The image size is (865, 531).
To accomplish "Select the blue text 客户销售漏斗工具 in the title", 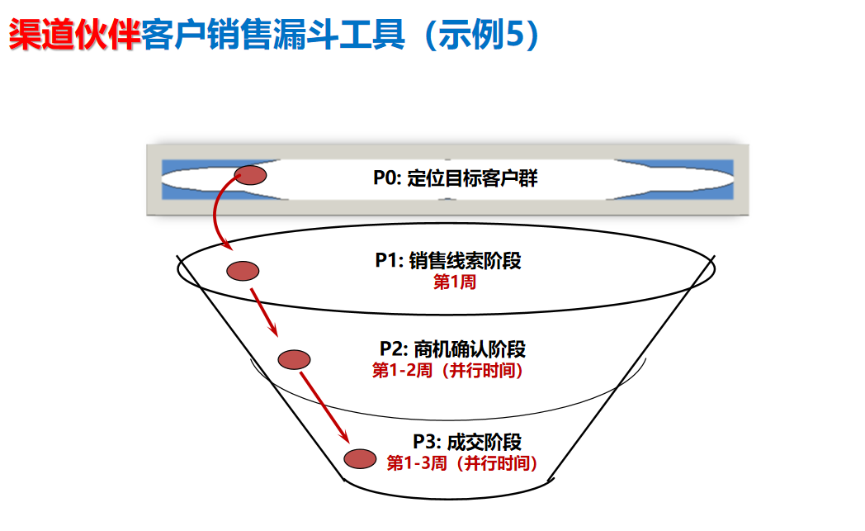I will pos(273,35).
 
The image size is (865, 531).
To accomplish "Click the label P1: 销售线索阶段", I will pos(447,261).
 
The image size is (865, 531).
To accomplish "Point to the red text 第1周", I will pos(455,282).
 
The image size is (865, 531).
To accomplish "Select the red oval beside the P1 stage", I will pos(243,270).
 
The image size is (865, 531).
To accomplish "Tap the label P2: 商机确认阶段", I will pos(452,348).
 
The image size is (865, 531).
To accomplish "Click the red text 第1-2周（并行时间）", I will pos(448,370).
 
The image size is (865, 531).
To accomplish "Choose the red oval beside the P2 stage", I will pos(294,359).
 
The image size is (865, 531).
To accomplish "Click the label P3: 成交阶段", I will pos(467,442).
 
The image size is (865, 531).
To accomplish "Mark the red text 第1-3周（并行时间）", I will pos(463,463).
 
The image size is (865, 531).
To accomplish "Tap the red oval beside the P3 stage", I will pos(360,458).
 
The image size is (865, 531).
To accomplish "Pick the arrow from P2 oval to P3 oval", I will pos(324,407).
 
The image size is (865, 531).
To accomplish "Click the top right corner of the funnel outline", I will pos(714,258).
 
